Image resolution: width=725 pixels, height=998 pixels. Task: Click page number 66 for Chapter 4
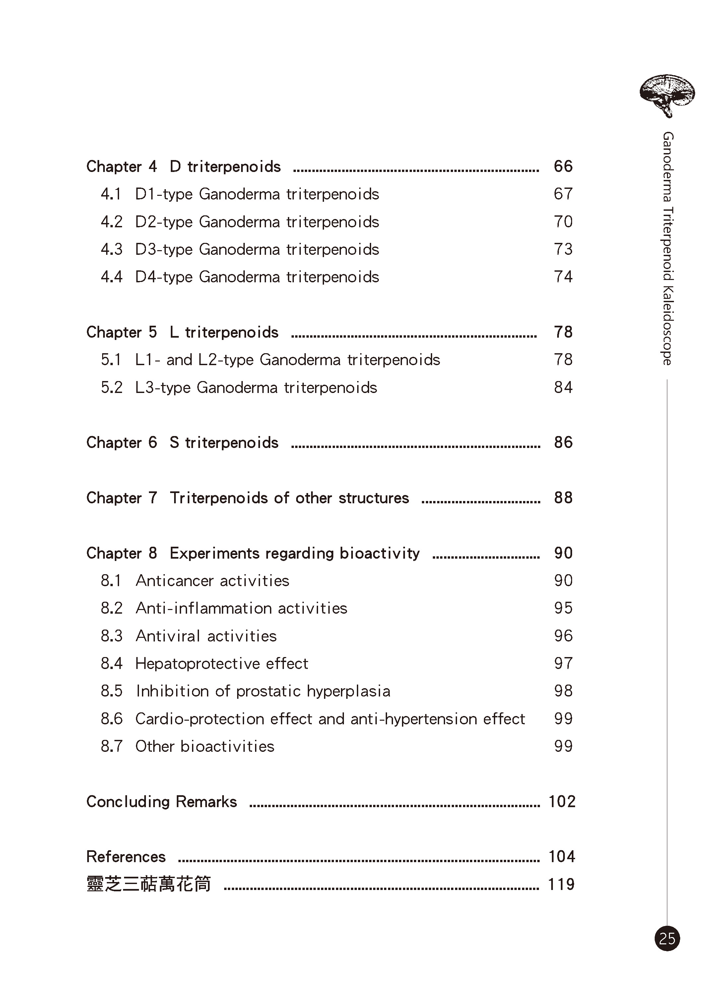click(563, 166)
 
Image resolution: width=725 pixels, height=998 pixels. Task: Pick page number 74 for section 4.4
click(563, 277)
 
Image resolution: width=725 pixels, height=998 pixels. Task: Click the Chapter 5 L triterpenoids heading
click(182, 332)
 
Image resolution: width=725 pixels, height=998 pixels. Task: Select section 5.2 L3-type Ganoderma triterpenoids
click(239, 388)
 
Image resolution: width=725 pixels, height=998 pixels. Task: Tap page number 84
click(563, 388)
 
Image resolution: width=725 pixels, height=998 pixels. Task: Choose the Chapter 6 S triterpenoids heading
click(182, 443)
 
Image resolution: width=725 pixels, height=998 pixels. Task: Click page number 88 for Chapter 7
click(563, 498)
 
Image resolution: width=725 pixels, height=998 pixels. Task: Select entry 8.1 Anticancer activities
click(195, 581)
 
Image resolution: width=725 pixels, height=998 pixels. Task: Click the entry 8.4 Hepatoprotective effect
click(204, 664)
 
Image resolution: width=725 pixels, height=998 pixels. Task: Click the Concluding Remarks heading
click(161, 802)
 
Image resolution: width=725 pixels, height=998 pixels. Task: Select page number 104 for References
click(561, 857)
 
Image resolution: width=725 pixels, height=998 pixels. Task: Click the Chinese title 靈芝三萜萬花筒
click(149, 884)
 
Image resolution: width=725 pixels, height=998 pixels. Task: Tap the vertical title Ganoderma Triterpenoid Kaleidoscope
click(667, 248)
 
